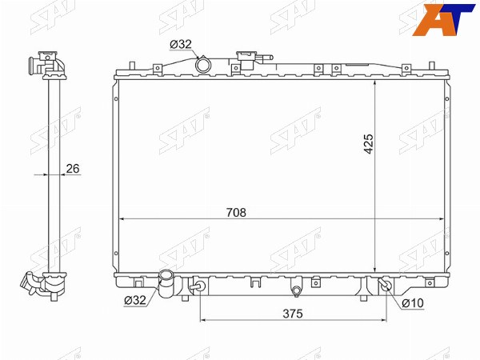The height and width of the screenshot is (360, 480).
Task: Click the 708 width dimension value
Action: click(236, 212)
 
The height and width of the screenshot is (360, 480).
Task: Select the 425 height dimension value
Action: click(369, 143)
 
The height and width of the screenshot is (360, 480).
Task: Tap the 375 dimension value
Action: click(293, 314)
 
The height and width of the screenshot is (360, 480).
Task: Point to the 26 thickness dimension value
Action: click(73, 168)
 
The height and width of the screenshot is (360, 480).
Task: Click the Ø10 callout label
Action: click(413, 303)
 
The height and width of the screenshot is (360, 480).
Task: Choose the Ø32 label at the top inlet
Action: click(181, 44)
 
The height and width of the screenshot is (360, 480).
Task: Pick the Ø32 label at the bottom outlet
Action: click(135, 300)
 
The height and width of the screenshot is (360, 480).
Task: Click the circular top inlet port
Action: click(203, 65)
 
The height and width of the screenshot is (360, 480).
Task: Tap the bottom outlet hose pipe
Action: click(166, 284)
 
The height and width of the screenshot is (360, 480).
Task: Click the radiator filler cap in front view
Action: click(246, 58)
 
